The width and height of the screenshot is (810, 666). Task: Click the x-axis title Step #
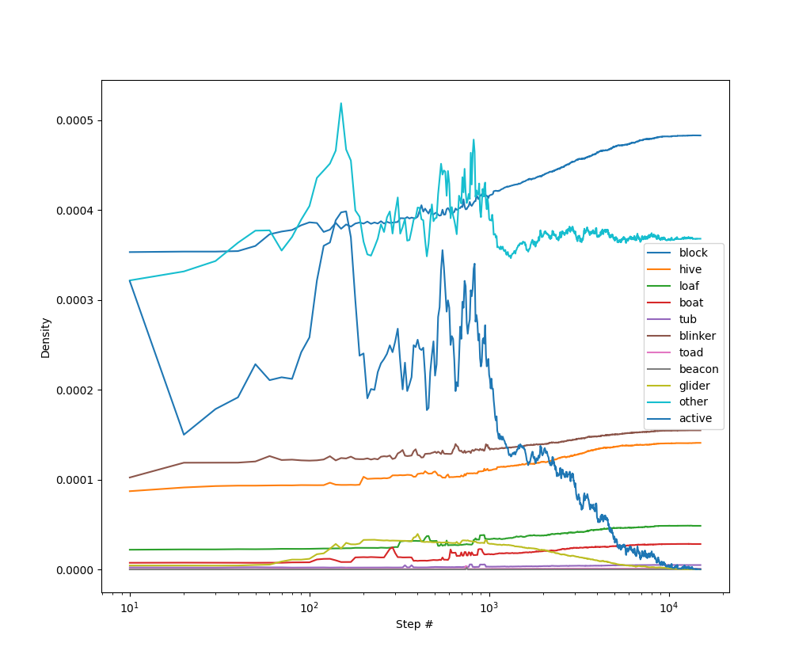pos(414,625)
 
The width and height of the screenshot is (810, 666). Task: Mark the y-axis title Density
pos(46,337)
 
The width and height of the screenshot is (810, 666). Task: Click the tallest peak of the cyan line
pos(341,103)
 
